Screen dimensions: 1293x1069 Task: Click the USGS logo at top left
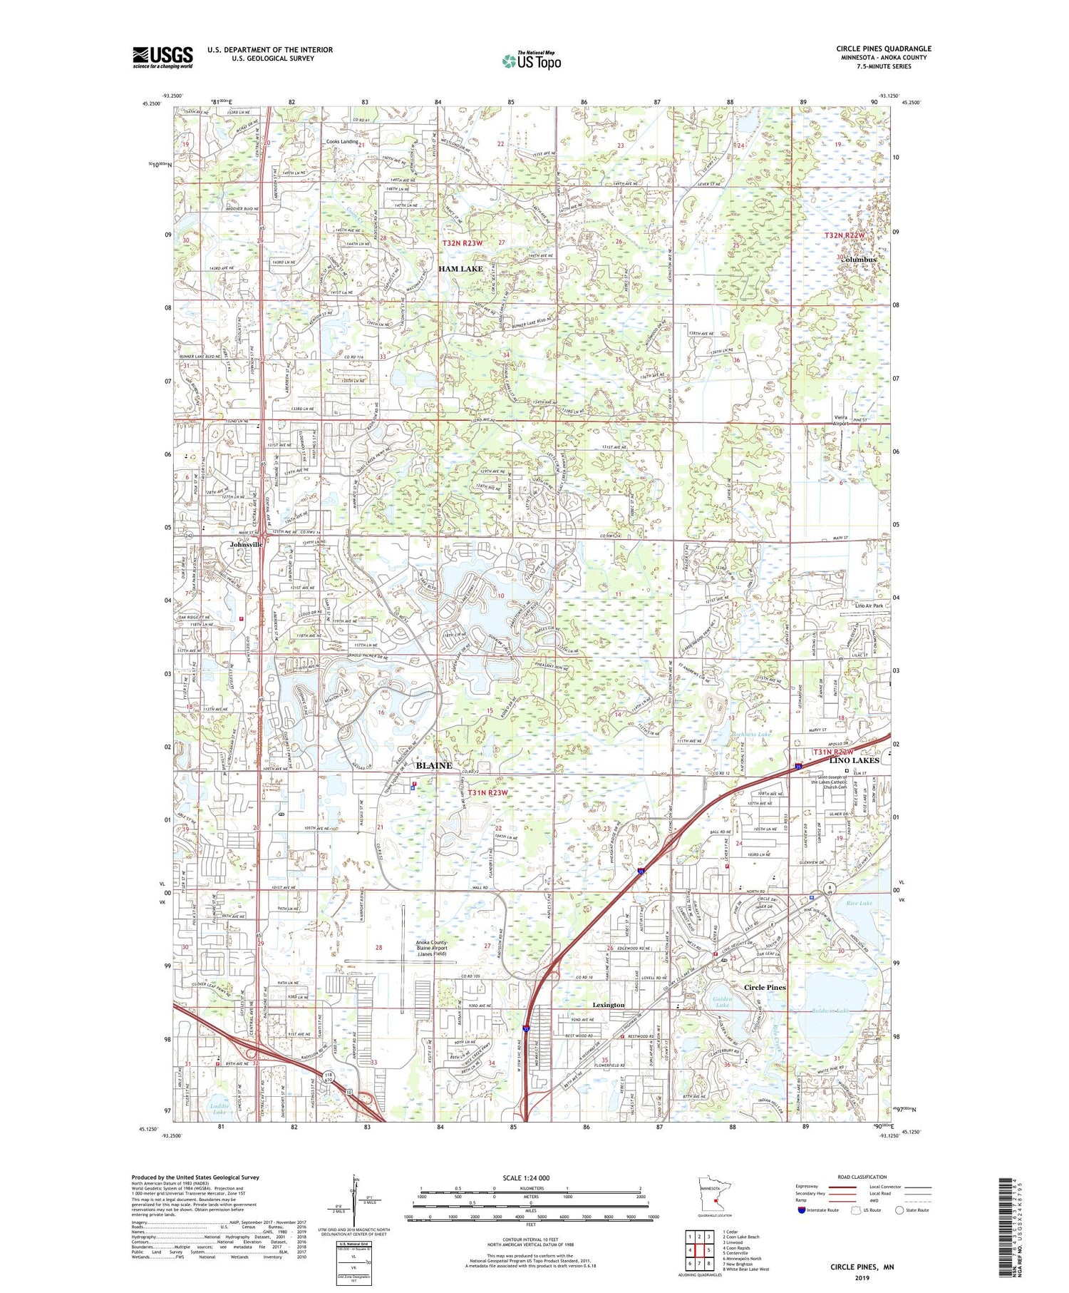click(x=162, y=57)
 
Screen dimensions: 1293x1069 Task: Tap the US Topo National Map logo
click(x=531, y=61)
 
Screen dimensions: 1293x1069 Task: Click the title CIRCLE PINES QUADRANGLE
click(x=884, y=48)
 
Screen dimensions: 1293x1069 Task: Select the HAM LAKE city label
click(x=460, y=269)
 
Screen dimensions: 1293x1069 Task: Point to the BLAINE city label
click(x=433, y=765)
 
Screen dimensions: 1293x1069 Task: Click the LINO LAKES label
click(x=854, y=760)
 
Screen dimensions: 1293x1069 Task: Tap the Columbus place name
click(x=859, y=260)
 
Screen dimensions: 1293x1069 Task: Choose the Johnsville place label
click(x=246, y=544)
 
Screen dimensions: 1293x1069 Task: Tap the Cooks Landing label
click(x=342, y=141)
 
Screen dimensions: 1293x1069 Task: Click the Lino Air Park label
click(x=869, y=605)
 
